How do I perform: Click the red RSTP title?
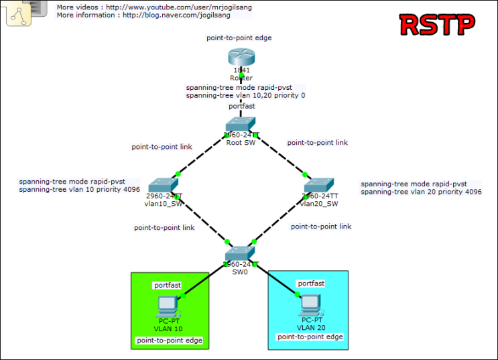[437, 24]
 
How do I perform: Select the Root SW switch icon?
[241, 124]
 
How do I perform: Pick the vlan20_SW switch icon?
[319, 186]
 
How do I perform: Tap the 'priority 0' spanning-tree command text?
[245, 96]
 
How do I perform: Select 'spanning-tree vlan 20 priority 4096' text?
[421, 192]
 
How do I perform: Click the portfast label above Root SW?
[241, 106]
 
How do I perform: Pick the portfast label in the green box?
[168, 285]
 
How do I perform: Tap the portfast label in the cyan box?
[311, 284]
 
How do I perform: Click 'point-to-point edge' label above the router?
[239, 38]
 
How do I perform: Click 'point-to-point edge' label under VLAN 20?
[310, 337]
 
